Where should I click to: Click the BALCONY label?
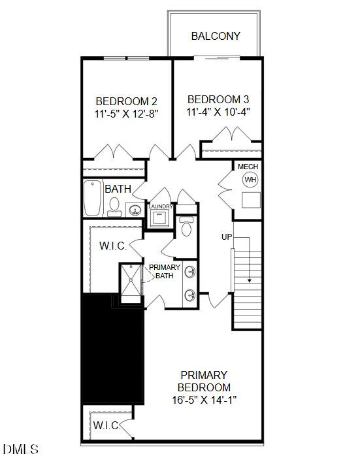pos(216,37)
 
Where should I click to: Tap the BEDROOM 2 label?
pos(127,101)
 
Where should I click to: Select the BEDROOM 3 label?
pos(218,99)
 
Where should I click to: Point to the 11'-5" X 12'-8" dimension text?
pos(127,113)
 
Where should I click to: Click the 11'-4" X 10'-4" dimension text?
pos(218,111)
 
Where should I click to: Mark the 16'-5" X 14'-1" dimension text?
pos(204,398)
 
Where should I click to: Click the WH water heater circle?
pos(250,179)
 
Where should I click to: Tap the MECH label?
pos(248,167)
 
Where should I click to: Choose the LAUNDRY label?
pos(161,207)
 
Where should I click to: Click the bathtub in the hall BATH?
pos(93,199)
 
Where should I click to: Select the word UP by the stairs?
pos(227,236)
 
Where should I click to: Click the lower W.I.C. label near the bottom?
pos(106,426)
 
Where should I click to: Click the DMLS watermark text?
pos(21,449)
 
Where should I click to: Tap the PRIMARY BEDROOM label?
pos(204,381)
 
